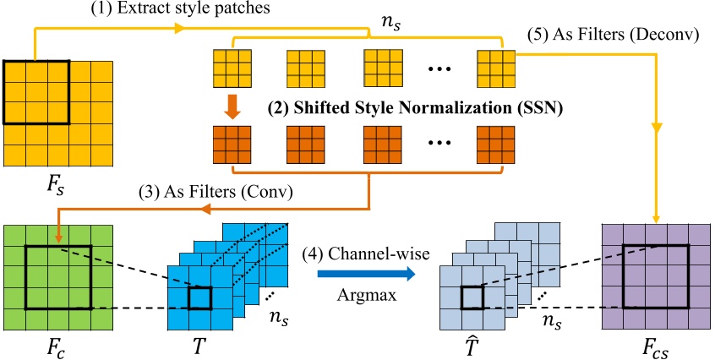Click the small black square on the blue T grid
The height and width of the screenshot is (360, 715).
tap(200, 299)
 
